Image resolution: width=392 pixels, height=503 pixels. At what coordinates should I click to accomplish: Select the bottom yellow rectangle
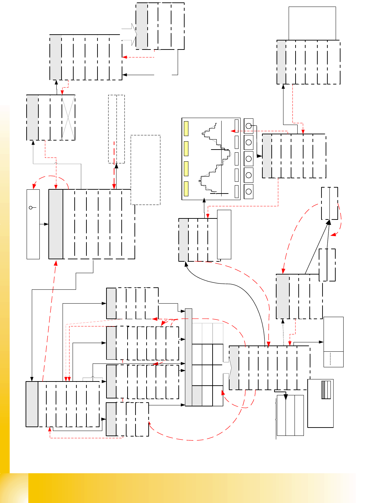186,189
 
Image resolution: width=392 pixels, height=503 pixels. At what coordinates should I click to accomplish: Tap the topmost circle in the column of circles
249,126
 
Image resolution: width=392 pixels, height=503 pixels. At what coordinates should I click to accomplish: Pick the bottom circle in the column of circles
249,191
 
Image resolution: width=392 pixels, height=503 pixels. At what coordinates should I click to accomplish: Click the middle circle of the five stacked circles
249,159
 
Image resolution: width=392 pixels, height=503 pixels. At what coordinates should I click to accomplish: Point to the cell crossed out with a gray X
68,117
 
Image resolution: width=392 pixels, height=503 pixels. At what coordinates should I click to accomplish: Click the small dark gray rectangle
324,390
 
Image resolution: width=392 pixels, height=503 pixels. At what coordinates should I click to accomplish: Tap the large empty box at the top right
312,23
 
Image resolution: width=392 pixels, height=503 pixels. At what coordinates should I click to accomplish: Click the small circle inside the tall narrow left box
30,208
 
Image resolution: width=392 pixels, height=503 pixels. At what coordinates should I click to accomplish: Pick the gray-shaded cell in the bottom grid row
197,396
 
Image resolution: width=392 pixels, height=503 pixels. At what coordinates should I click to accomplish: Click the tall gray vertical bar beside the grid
188,357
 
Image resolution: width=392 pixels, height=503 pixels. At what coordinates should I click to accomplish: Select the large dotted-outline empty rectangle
146,170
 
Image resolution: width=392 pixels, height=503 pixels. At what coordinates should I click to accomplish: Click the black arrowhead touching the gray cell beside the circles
260,156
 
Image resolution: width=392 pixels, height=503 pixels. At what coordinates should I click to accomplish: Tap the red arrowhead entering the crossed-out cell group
62,92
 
